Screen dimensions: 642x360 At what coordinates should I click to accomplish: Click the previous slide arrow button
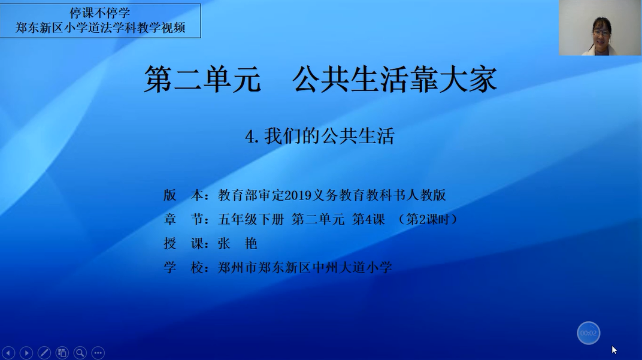click(8, 352)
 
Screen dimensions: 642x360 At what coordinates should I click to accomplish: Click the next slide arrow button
click(26, 352)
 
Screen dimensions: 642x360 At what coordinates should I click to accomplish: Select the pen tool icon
click(44, 352)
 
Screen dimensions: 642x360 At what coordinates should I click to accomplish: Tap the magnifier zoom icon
click(80, 352)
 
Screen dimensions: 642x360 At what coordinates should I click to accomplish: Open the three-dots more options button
click(98, 352)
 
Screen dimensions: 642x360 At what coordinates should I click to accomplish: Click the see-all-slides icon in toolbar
click(62, 352)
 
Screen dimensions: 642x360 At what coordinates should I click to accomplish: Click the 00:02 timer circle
click(588, 333)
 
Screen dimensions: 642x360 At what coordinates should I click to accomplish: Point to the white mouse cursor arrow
click(614, 350)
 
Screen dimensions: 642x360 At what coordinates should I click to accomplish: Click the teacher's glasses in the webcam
click(601, 32)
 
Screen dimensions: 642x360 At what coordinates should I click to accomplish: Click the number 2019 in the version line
click(298, 195)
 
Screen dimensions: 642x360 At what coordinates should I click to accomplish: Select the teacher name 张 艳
click(238, 243)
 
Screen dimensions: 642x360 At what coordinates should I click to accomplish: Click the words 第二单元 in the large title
click(202, 79)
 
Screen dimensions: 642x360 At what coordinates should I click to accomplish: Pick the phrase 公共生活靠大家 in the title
click(395, 79)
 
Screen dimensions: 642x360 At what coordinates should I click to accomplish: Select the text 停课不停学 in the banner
click(99, 13)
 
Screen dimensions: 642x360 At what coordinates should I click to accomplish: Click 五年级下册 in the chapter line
click(250, 219)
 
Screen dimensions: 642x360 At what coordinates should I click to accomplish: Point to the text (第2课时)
click(428, 219)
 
